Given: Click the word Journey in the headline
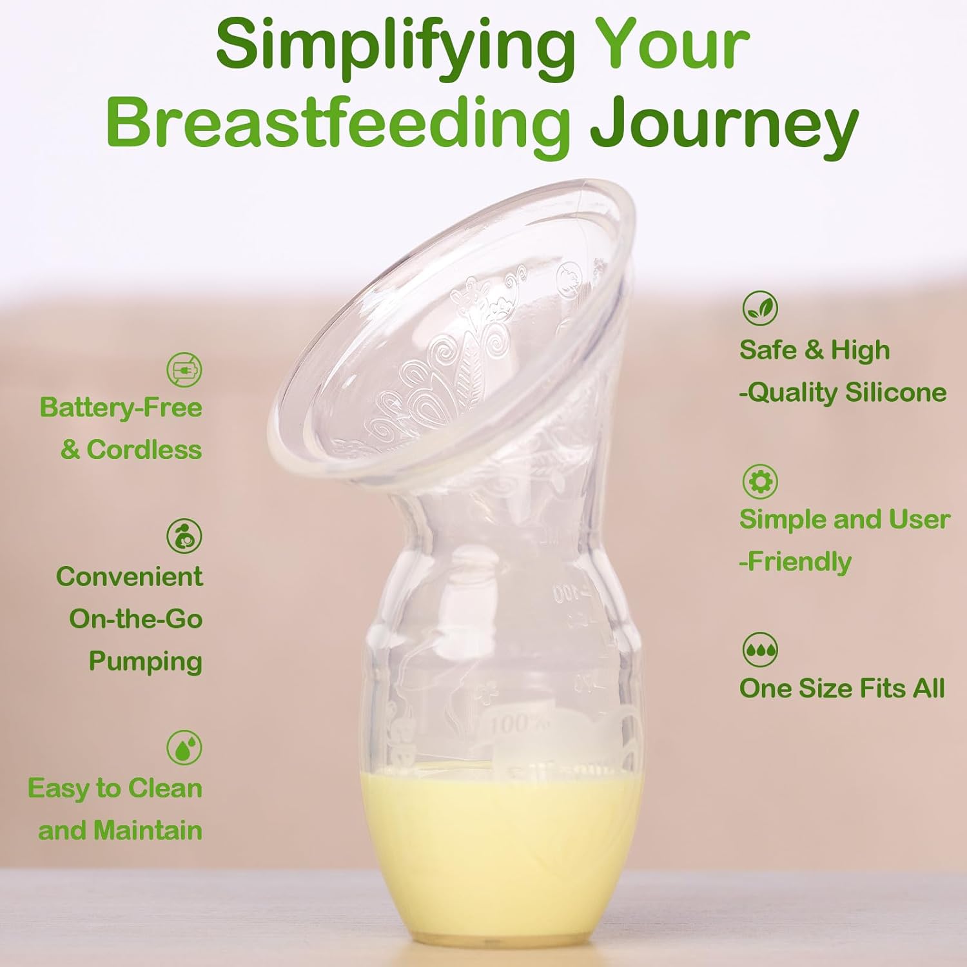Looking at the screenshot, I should tap(724, 126).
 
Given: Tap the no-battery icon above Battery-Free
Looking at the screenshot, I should tap(184, 370).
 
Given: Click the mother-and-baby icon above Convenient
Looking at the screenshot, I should tap(184, 536).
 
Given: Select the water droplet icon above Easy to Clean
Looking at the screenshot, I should tap(184, 747).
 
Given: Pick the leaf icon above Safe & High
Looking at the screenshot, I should tap(760, 308).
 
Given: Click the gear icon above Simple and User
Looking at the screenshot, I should tap(760, 481).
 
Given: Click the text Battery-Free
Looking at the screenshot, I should tap(121, 407).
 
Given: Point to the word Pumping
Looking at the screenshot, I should tap(146, 661).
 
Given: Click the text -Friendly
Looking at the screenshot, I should tap(796, 562).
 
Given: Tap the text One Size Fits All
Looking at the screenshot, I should tap(842, 689).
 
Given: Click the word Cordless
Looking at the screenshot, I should tap(144, 449).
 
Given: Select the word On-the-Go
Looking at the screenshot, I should tap(136, 619).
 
